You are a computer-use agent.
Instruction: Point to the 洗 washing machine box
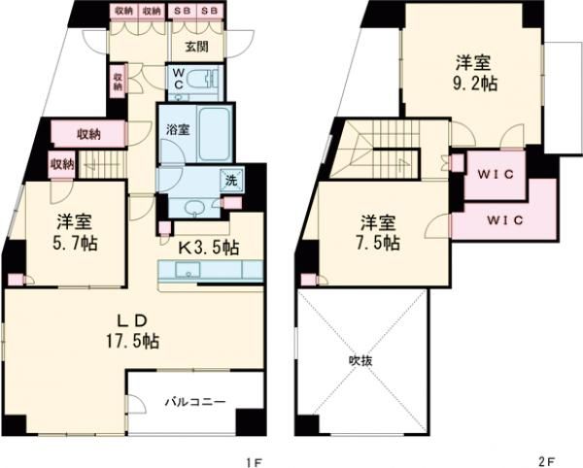click(232, 179)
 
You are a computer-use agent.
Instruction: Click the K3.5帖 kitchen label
click(209, 246)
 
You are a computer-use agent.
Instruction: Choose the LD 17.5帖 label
click(135, 330)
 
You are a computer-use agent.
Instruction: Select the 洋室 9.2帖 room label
click(476, 73)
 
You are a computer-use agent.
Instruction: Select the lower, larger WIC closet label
click(504, 218)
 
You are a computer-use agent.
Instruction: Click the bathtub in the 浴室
click(213, 137)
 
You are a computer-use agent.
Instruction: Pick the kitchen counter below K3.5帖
click(210, 269)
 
